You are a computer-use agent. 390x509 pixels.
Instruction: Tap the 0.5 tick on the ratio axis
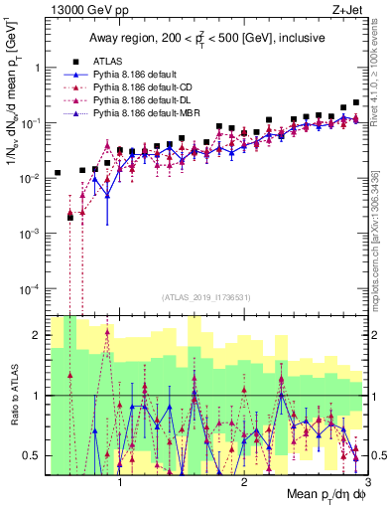[x=32, y=455]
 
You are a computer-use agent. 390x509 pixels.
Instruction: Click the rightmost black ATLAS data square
[x=356, y=102]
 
